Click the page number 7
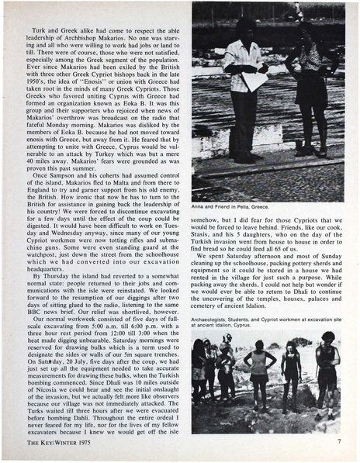coord(339,442)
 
